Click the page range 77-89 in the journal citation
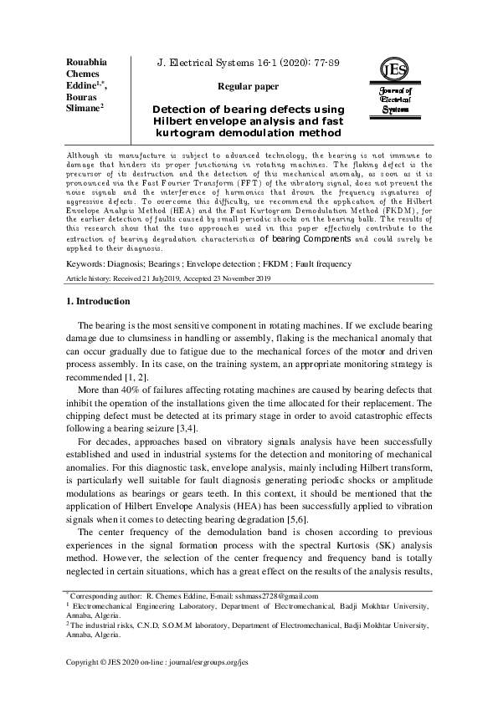tap(323, 63)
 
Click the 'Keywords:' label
tap(86, 264)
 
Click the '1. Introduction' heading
tap(97, 301)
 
